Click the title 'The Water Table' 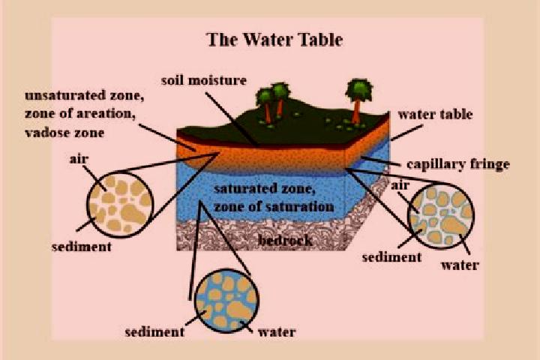tap(274, 40)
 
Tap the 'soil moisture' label tap(204, 80)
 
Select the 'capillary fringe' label tap(458, 164)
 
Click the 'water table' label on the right tap(435, 114)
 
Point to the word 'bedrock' tap(286, 240)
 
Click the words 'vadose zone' tap(64, 133)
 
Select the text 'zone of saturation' tap(274, 207)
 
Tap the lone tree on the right tap(358, 100)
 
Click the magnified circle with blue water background tap(226, 301)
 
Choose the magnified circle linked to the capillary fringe tap(440, 216)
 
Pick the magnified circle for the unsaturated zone tap(120, 204)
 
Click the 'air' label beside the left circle tap(79, 159)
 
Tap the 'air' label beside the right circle tap(400, 185)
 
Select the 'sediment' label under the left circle tap(82, 247)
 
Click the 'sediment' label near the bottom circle tap(154, 332)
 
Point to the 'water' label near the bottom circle tap(277, 332)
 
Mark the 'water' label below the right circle tap(460, 265)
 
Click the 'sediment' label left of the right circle tap(392, 257)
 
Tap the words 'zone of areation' tap(80, 113)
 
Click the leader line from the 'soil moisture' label tap(232, 118)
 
